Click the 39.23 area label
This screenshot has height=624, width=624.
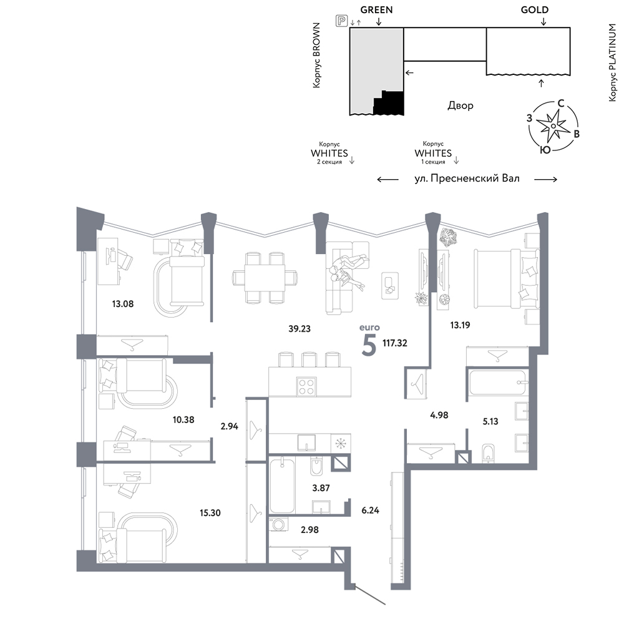300,329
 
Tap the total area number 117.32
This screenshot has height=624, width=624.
395,343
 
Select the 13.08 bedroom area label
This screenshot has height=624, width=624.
122,304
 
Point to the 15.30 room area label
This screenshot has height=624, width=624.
210,513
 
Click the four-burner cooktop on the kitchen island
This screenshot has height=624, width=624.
306,386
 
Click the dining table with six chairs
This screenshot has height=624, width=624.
265,278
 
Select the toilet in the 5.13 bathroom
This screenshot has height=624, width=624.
487,454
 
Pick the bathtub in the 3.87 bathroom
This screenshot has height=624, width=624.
282,485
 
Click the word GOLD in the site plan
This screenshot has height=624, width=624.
535,10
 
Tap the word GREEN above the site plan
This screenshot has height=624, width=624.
376,10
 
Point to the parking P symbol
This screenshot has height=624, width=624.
341,21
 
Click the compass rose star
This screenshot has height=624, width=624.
553,126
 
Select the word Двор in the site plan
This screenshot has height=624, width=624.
461,105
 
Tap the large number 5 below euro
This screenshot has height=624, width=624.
369,346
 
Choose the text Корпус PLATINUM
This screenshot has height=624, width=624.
613,62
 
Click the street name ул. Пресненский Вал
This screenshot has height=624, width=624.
467,178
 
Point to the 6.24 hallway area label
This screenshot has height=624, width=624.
370,510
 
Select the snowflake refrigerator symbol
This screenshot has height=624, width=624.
341,444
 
